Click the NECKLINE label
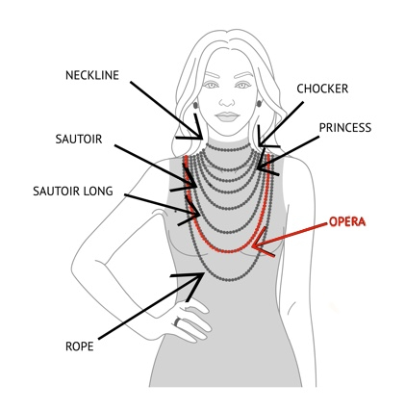coord(92,75)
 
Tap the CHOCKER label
coord(322,89)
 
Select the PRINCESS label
coord(345,128)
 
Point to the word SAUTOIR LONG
coord(73,192)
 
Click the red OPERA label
coord(347,221)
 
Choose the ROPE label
coord(80,346)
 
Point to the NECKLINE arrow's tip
coord(203,139)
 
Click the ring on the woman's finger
coord(177,321)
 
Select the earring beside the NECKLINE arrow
coord(195,105)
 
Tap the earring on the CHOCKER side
coord(259,103)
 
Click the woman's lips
coord(227,116)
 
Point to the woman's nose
coord(227,101)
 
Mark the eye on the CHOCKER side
coord(242,86)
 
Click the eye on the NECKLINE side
coord(212,86)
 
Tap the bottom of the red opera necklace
coord(227,250)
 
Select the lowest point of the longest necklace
coord(228,279)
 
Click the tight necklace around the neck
coord(228,149)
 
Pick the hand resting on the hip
coord(190,320)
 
